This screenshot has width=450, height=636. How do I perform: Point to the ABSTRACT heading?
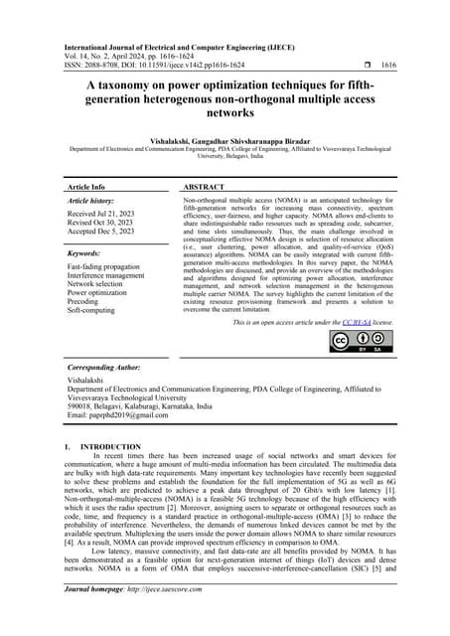pos(210,187)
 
